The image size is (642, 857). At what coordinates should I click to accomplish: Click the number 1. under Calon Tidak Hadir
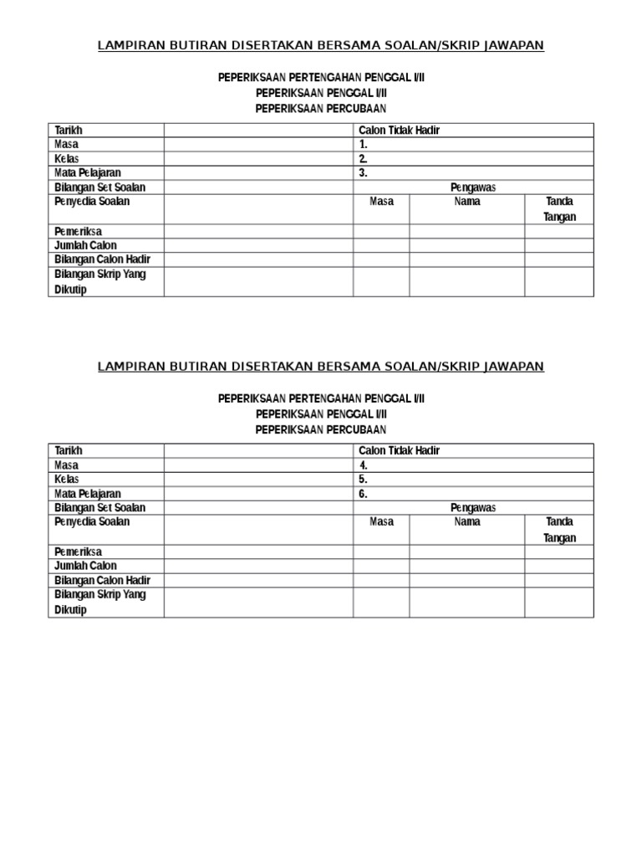tap(364, 145)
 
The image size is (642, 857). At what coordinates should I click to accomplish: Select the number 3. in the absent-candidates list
tap(364, 173)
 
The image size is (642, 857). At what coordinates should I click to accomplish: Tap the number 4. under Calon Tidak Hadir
tap(364, 465)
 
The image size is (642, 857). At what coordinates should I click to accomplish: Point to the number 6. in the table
tap(364, 494)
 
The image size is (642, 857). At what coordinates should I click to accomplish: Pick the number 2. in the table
tap(364, 159)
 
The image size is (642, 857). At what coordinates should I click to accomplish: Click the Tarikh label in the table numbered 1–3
tap(69, 131)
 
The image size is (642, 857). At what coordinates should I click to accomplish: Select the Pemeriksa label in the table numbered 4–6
tap(78, 552)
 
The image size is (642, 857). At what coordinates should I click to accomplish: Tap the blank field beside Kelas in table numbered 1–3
tap(257, 159)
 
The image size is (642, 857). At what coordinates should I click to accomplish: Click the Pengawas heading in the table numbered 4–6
tap(473, 508)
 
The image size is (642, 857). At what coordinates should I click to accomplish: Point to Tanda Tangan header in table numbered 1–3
tap(559, 209)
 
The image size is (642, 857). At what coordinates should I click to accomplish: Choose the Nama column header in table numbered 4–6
tap(466, 522)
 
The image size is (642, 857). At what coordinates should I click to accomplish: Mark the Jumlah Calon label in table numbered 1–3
tap(85, 245)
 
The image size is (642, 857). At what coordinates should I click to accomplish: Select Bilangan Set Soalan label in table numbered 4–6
tap(99, 508)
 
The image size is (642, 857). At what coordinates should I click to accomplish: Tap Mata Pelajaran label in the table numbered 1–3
tap(88, 173)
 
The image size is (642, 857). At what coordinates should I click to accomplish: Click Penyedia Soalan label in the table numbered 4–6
tap(92, 522)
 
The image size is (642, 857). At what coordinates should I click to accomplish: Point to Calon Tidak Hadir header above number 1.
tap(399, 131)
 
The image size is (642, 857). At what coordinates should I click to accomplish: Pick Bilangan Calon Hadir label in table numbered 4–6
tap(102, 580)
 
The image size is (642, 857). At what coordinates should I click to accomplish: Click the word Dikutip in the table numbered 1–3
tap(70, 290)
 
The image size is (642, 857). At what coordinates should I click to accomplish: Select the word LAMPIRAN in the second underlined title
tap(129, 367)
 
